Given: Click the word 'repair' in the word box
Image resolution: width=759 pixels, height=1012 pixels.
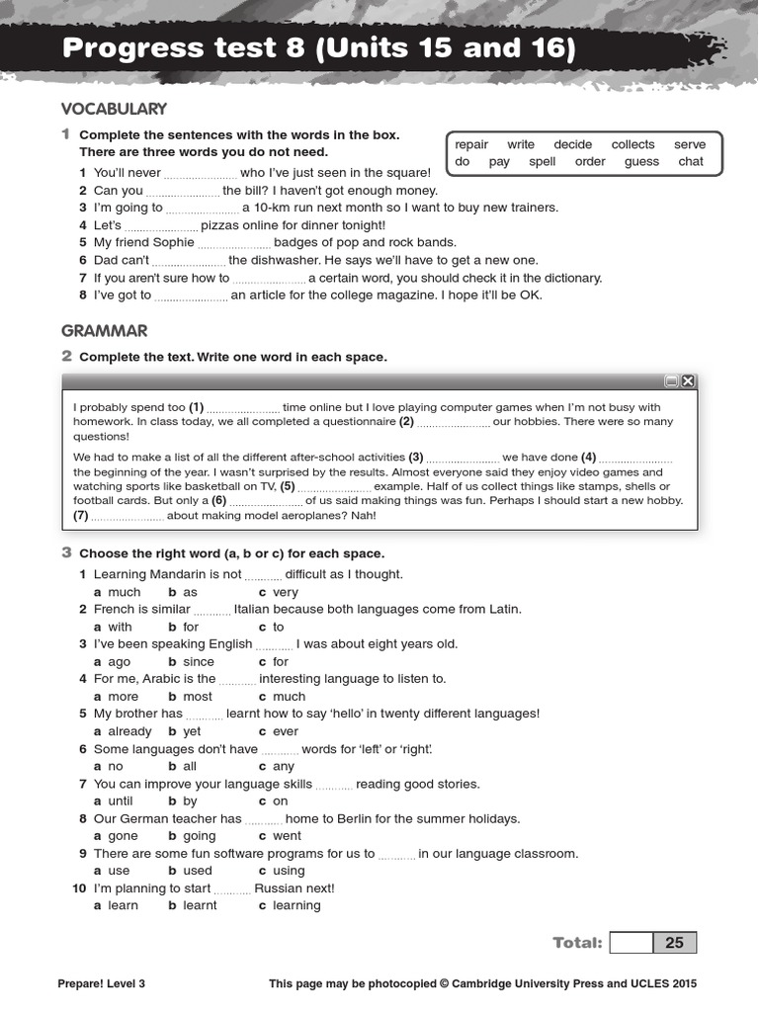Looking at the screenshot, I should pyautogui.click(x=471, y=144).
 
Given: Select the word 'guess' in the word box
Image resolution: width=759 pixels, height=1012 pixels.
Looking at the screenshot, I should pyautogui.click(x=641, y=161).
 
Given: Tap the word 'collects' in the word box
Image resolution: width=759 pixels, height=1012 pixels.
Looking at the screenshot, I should pyautogui.click(x=632, y=144).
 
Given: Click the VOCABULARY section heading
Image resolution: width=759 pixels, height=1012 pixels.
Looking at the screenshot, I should pyautogui.click(x=114, y=109).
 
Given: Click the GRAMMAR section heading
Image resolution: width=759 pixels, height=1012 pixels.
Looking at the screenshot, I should pyautogui.click(x=104, y=331).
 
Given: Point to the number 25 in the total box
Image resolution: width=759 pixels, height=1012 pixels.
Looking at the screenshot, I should pyautogui.click(x=674, y=943).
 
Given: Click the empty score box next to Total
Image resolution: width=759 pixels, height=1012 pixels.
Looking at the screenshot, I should pyautogui.click(x=632, y=943).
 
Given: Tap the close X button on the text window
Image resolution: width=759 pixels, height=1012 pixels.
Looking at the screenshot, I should pyautogui.click(x=688, y=381).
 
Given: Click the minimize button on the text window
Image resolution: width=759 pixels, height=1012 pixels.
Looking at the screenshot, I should pyautogui.click(x=671, y=381).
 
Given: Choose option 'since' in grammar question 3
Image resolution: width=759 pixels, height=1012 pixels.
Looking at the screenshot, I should pyautogui.click(x=198, y=661).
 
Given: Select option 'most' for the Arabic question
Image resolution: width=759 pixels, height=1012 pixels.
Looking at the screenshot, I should pyautogui.click(x=198, y=697).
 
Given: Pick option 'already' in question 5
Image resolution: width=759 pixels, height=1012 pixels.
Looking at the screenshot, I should pyautogui.click(x=129, y=731).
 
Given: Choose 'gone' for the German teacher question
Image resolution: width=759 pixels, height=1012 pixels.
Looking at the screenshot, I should pyautogui.click(x=124, y=836).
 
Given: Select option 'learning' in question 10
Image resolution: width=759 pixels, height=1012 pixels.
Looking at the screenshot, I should pyautogui.click(x=296, y=905).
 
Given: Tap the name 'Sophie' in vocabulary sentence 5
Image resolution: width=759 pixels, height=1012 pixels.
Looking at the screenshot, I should pyautogui.click(x=173, y=242).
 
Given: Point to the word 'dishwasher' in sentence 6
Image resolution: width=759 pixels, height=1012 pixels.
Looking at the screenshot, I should pyautogui.click(x=283, y=260).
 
